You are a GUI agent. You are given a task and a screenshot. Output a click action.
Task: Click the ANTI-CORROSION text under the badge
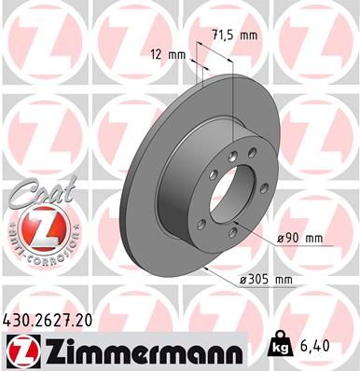[x=35, y=252]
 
